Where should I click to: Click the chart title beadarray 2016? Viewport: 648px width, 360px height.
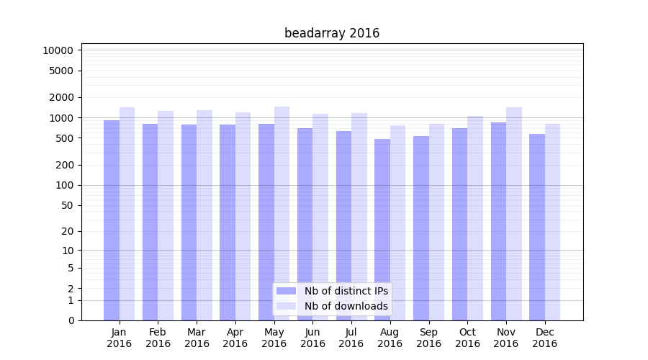(332, 33)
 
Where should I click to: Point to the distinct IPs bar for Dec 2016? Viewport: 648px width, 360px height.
(537, 227)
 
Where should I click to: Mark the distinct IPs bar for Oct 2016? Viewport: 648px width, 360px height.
(460, 224)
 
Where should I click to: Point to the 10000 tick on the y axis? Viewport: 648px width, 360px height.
(58, 50)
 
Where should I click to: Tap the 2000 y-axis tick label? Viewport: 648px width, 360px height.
(60, 97)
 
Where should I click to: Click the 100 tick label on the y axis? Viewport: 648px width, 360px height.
(63, 185)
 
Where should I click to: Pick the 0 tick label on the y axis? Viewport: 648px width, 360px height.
(71, 320)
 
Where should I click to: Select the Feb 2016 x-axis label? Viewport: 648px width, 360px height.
(158, 338)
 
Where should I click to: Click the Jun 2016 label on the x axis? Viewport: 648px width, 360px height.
(312, 338)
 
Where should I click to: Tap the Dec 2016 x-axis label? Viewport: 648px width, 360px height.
(544, 338)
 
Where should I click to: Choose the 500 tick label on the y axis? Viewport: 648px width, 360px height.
(63, 138)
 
